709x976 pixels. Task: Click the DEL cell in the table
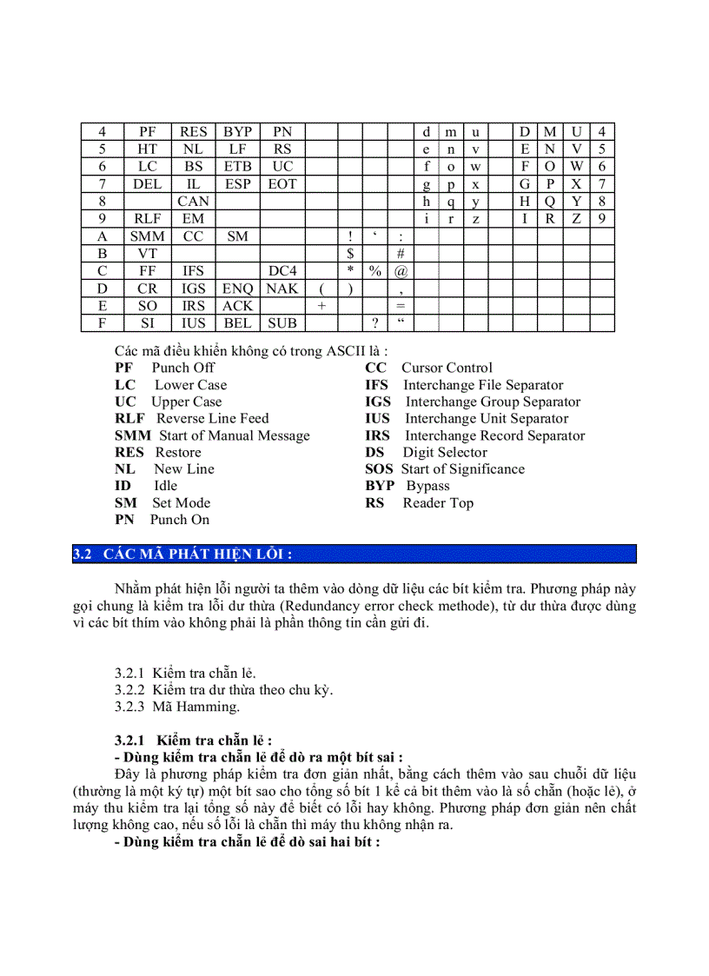tap(148, 184)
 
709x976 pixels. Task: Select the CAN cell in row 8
tap(193, 202)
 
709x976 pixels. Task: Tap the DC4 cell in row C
tap(282, 271)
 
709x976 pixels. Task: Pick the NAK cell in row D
tap(282, 289)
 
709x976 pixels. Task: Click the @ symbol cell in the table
tap(401, 271)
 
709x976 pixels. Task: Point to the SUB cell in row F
tap(282, 323)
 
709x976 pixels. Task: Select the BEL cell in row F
tap(237, 323)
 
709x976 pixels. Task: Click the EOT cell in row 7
tap(282, 184)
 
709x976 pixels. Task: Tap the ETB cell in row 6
tap(237, 167)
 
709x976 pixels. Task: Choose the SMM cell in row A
tap(148, 236)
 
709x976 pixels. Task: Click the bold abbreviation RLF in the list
tap(129, 418)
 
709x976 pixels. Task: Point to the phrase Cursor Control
tap(447, 368)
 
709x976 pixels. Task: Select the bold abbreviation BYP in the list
tap(380, 486)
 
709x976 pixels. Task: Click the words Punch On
tap(180, 520)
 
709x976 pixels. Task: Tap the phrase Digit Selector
tap(445, 452)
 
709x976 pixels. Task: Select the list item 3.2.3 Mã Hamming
tap(177, 707)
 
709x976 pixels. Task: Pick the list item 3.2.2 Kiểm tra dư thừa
tap(224, 690)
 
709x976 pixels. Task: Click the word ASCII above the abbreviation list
tap(348, 350)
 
